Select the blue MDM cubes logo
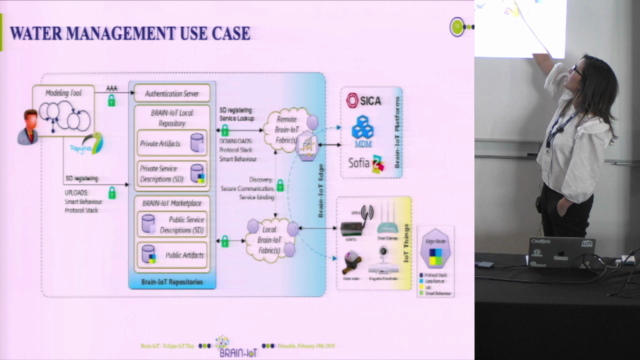point(363,128)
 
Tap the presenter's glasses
point(578,71)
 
